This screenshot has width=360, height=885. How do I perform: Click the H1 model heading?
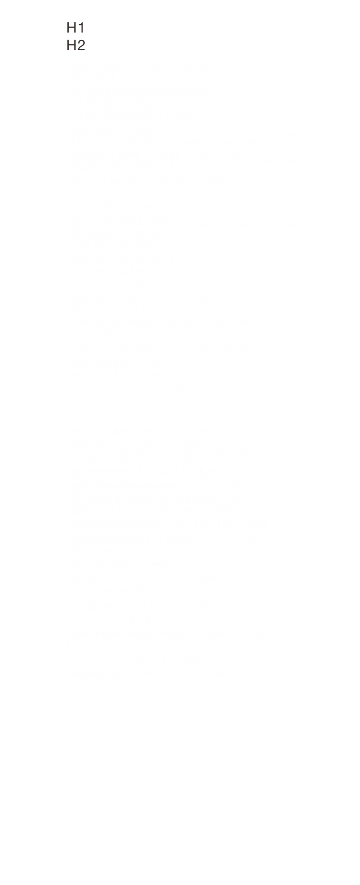(x=75, y=28)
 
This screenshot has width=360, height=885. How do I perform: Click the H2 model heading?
(x=76, y=45)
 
